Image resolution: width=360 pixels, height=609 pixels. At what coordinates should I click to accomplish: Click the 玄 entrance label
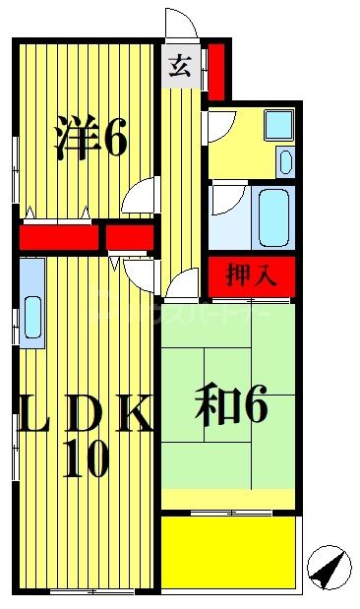pos(180,68)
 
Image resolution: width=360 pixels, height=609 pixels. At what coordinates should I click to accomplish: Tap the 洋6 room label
pos(90,139)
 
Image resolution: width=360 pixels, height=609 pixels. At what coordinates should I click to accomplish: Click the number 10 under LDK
pos(87,459)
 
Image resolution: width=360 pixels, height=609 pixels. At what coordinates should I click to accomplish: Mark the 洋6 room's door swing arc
pos(144,195)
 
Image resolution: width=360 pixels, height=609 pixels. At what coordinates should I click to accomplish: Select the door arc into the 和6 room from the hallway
pos(183,284)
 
